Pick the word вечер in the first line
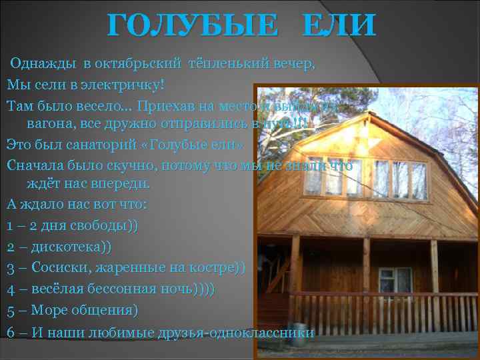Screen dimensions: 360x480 pos(293,65)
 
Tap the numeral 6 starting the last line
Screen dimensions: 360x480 pos(11,332)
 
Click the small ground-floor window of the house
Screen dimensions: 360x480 pos(395,279)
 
